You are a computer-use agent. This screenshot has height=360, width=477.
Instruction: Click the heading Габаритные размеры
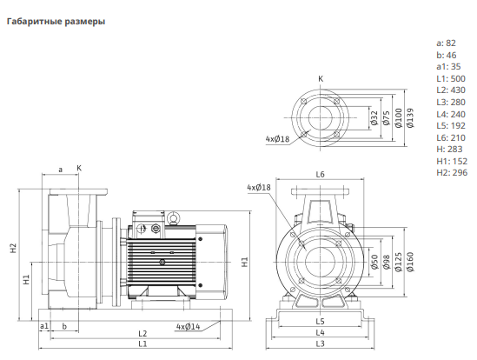pyautogui.click(x=56, y=22)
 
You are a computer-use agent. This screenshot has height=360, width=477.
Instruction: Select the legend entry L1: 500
pyautogui.click(x=451, y=78)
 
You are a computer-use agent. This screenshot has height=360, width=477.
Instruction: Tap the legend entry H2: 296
pyautogui.click(x=452, y=173)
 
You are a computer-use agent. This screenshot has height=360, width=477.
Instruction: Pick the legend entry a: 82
pyautogui.click(x=447, y=43)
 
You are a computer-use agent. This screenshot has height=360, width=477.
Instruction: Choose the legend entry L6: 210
pyautogui.click(x=451, y=137)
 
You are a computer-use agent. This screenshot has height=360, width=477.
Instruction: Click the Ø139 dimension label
pyautogui.click(x=410, y=118)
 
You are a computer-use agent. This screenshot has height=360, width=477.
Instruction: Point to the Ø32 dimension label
pyautogui.click(x=374, y=118)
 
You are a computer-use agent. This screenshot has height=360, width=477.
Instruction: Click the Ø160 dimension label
pyautogui.click(x=410, y=262)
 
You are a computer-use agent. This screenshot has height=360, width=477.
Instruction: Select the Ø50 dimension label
pyautogui.click(x=374, y=262)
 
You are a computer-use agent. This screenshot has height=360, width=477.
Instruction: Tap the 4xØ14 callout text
pyautogui.click(x=189, y=327)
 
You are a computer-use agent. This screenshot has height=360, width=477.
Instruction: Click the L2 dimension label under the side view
pyautogui.click(x=142, y=334)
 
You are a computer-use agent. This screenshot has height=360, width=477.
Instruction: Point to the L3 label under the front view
pyautogui.click(x=320, y=343)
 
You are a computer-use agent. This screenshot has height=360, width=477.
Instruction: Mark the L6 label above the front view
pyautogui.click(x=320, y=174)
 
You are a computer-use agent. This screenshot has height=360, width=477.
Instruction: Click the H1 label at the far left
pyautogui.click(x=26, y=280)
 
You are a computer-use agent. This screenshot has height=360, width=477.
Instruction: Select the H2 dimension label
pyautogui.click(x=13, y=248)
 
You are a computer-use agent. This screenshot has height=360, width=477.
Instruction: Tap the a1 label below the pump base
pyautogui.click(x=44, y=326)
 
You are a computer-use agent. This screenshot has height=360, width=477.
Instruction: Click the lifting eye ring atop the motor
pyautogui.click(x=174, y=218)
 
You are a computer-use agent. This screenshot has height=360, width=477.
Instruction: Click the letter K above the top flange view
pyautogui.click(x=321, y=79)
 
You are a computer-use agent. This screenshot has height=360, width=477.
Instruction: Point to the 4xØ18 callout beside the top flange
pyautogui.click(x=277, y=139)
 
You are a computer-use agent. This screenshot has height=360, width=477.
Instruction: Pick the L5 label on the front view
pyautogui.click(x=320, y=322)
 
